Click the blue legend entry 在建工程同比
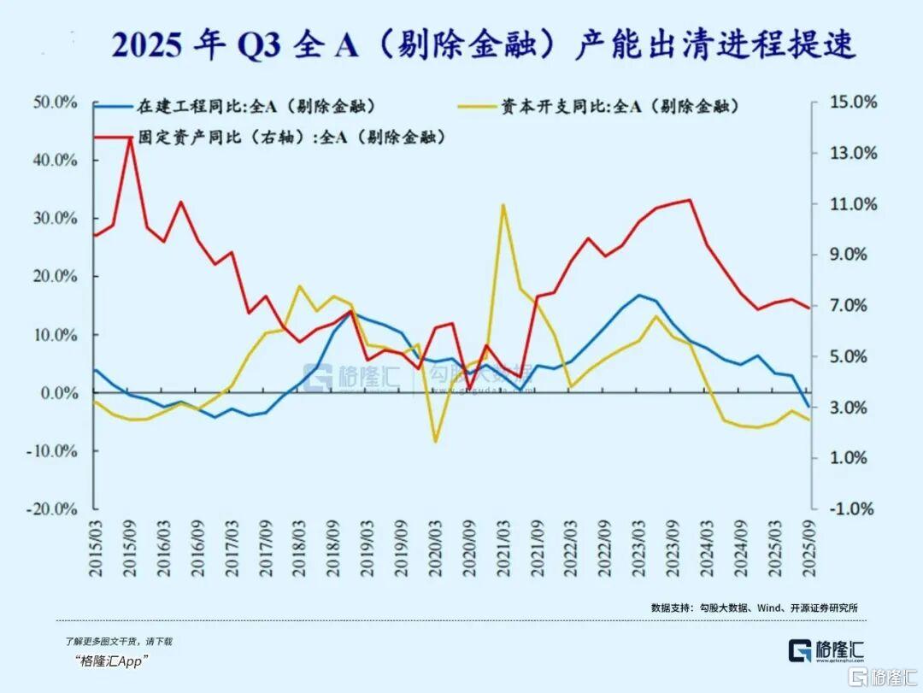(x=256, y=107)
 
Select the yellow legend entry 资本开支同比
(x=620, y=107)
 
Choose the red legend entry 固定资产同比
(x=291, y=137)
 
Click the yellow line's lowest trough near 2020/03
(x=435, y=442)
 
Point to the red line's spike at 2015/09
(x=130, y=138)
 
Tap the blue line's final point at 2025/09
(x=808, y=407)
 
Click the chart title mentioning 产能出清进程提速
(x=484, y=44)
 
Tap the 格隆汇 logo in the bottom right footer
(x=826, y=649)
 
